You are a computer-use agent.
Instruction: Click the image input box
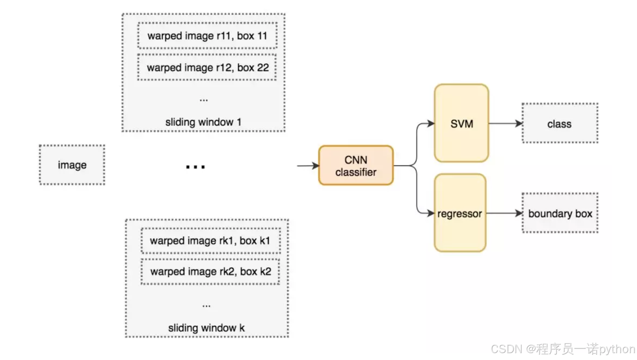pos(72,165)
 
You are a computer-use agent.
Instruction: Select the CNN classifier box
pos(356,166)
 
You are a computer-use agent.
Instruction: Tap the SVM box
pos(462,124)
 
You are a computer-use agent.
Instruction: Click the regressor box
pos(460,213)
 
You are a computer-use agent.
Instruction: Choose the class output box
pos(560,124)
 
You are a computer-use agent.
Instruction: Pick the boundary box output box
pos(560,213)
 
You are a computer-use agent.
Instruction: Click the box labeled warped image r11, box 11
pos(207,36)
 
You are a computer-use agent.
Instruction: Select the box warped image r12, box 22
pos(207,67)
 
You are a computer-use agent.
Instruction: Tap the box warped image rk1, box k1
pos(210,241)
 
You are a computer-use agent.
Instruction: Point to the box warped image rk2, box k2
pos(210,272)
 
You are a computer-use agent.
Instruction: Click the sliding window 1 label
pos(203,122)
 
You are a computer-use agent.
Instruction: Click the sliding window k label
pos(206,328)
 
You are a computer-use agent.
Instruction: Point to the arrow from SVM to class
pos(505,124)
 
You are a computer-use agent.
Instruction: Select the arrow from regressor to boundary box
pos(504,213)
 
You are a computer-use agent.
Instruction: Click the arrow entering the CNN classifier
pos(308,165)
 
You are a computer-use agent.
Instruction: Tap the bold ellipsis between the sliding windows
pos(195,167)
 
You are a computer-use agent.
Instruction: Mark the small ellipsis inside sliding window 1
pos(203,100)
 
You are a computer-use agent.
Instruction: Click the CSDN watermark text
pos(563,349)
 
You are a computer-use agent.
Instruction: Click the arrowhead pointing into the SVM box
pos(431,124)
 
